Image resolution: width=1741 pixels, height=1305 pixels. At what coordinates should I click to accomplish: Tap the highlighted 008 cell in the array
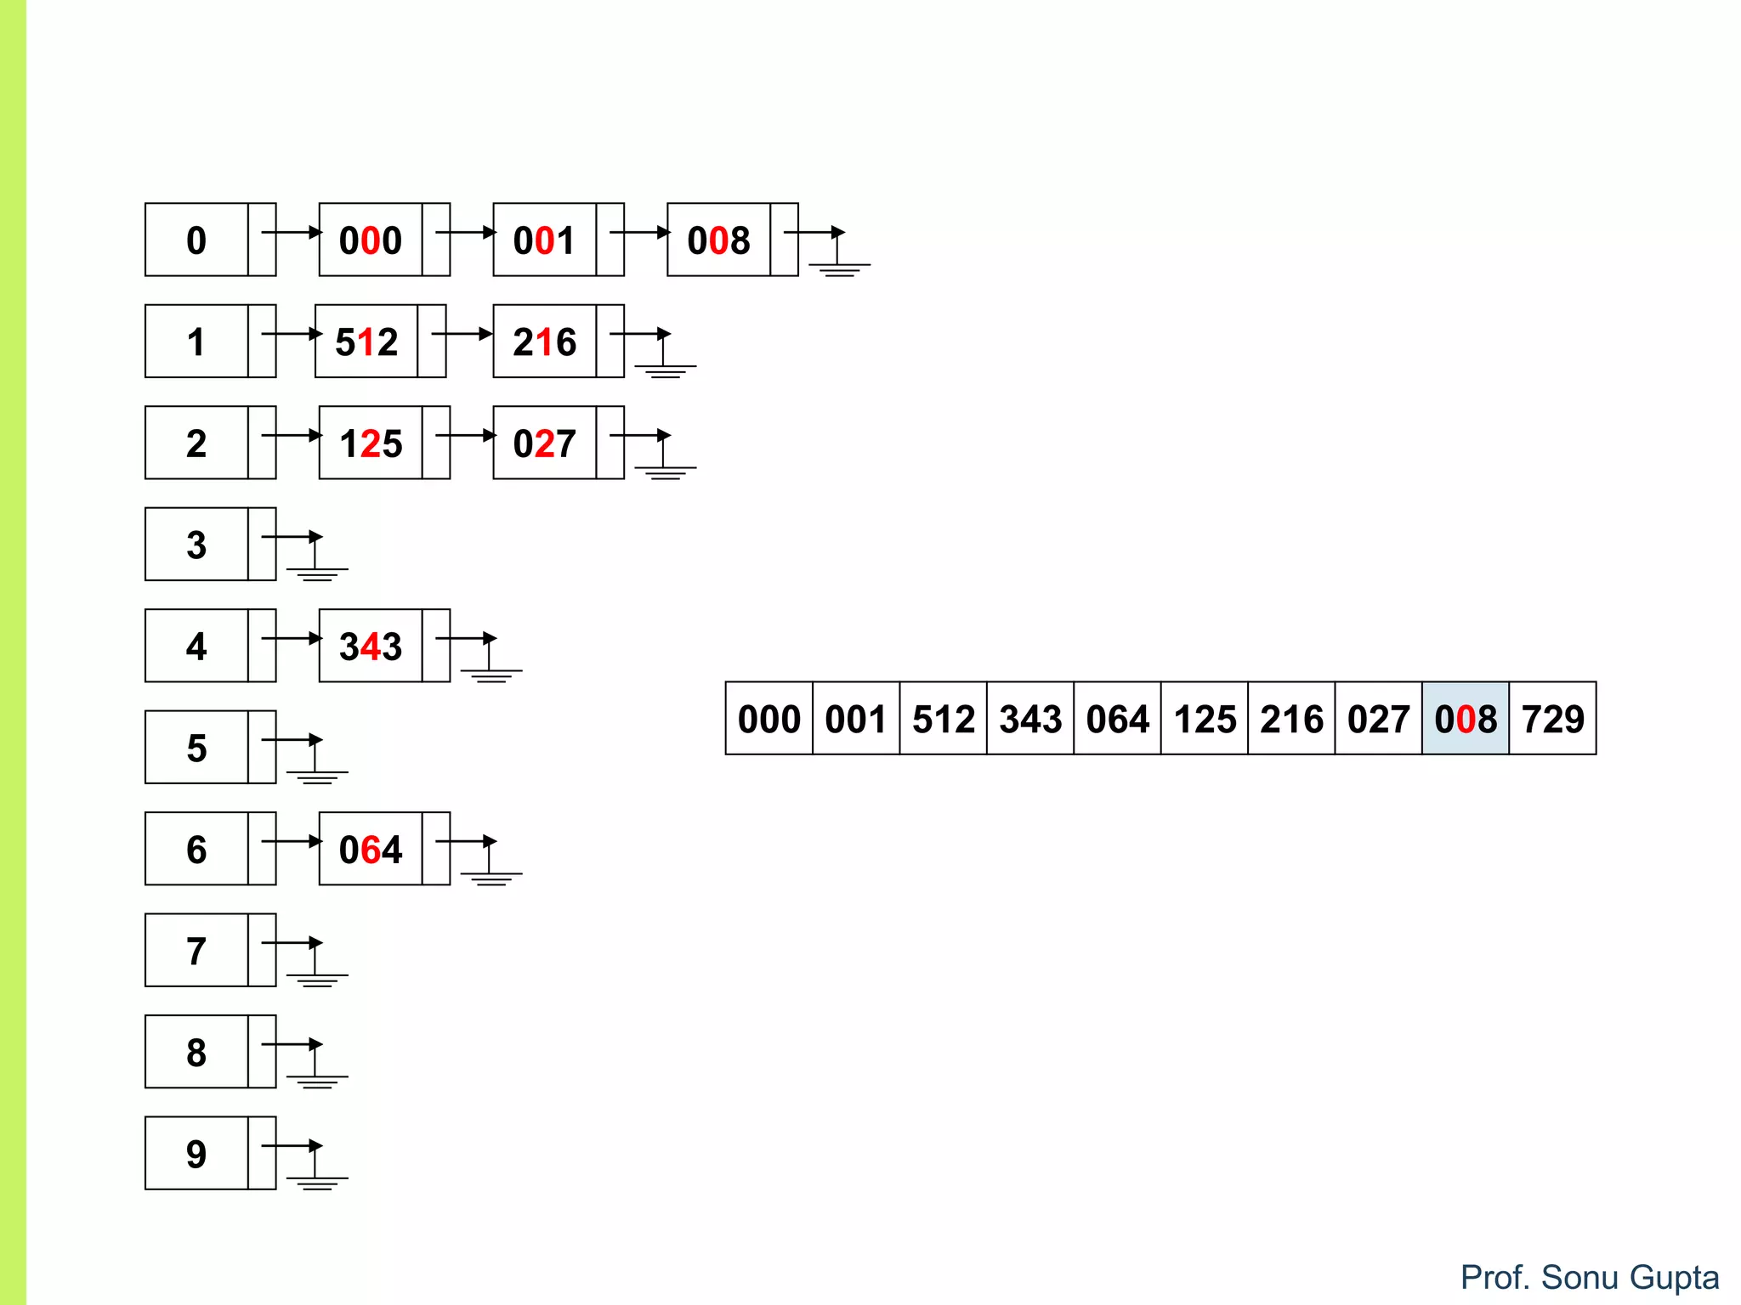[1465, 718]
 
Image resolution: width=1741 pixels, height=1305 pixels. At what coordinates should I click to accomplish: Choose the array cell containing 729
[1552, 718]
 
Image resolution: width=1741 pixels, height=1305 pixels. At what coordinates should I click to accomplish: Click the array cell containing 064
[1117, 718]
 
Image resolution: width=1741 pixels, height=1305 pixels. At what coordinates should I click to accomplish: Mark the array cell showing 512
[943, 718]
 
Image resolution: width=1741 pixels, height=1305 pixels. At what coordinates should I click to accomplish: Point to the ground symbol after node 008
[838, 263]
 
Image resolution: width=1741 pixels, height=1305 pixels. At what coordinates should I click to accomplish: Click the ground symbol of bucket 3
[316, 568]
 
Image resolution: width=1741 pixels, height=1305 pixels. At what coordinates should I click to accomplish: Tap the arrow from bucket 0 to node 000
[292, 232]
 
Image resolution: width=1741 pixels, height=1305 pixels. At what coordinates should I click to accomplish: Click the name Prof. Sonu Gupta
[1589, 1277]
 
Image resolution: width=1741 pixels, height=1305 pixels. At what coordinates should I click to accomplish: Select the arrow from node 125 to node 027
[466, 435]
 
